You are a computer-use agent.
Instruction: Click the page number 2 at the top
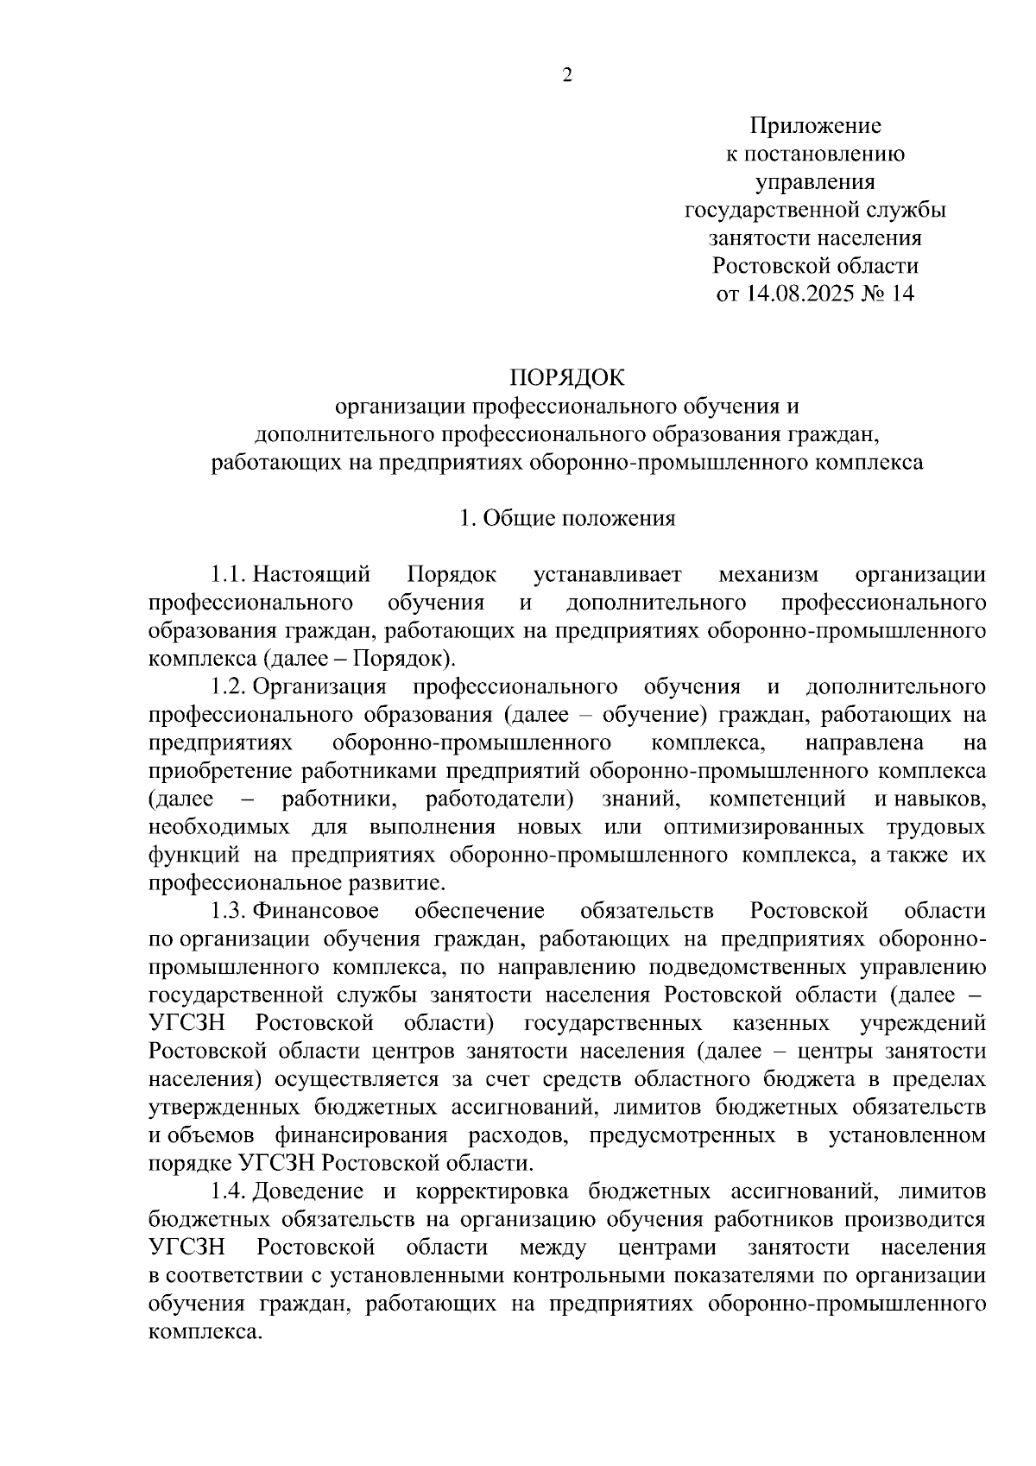tap(566, 76)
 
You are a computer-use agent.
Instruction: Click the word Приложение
tap(815, 126)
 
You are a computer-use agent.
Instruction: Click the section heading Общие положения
tap(578, 518)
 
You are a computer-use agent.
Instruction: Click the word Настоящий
tap(312, 574)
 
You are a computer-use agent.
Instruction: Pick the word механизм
tap(769, 574)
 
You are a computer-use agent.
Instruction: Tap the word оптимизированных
tap(764, 827)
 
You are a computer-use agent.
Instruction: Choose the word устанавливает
tap(608, 574)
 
